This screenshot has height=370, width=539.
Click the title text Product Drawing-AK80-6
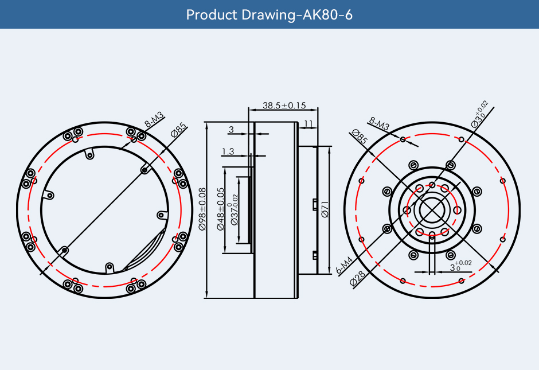269,14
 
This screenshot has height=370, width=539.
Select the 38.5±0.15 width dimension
284,106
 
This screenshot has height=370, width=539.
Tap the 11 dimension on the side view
308,124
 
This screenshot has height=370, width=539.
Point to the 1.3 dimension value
228,151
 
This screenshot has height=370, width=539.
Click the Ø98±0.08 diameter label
202,209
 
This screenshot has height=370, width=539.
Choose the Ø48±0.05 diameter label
220,209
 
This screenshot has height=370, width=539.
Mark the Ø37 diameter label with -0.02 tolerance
233,209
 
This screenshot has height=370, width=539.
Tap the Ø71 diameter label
325,209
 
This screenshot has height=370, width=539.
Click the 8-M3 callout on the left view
154,120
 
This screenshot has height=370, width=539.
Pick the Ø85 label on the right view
360,137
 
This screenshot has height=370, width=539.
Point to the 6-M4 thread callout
344,264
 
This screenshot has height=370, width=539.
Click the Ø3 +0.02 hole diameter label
479,115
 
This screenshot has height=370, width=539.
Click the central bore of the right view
431,209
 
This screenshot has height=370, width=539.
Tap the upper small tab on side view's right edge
315,204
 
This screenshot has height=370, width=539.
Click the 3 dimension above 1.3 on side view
231,130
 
